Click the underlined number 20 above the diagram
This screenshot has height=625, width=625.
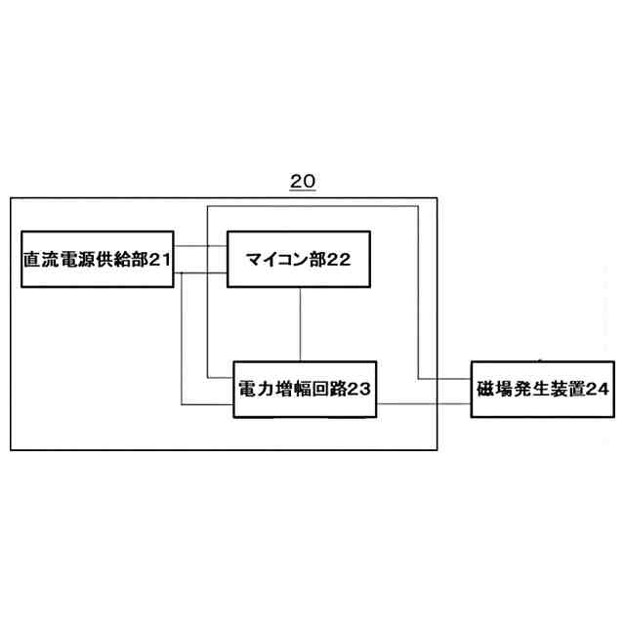(x=303, y=183)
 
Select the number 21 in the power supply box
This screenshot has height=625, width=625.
(x=161, y=260)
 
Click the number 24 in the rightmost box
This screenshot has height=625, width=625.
(x=599, y=389)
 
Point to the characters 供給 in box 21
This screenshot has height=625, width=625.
(x=112, y=260)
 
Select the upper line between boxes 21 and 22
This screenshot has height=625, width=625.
(x=202, y=248)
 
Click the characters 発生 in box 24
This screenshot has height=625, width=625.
(x=530, y=389)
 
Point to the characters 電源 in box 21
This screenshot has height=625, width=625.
(x=76, y=260)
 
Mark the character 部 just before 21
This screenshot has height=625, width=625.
(x=140, y=260)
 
